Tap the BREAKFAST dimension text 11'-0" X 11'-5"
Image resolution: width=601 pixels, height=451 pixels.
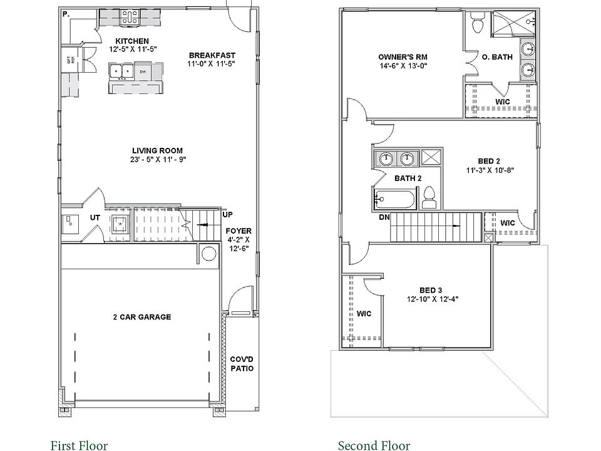tap(212, 63)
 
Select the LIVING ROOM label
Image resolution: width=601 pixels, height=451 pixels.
tap(157, 150)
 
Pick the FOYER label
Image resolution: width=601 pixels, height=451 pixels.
tap(239, 231)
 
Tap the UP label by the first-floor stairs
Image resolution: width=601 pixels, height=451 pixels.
tap(228, 215)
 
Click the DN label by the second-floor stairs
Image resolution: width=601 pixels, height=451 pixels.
tap(384, 218)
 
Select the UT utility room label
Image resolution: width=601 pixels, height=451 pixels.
tap(95, 217)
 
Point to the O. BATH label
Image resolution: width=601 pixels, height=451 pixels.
tap(498, 57)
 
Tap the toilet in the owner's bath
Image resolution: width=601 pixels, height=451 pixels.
tap(477, 25)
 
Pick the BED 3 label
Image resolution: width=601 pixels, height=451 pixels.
tap(431, 290)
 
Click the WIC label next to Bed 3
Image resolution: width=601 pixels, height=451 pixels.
tap(364, 313)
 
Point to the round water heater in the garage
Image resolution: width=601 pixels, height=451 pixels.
tap(208, 253)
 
